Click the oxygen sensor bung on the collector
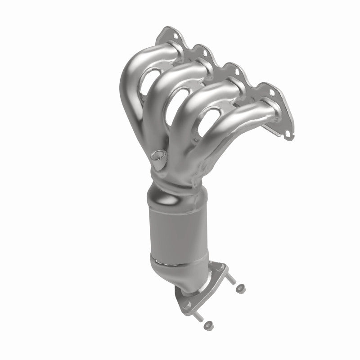point(158,156)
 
